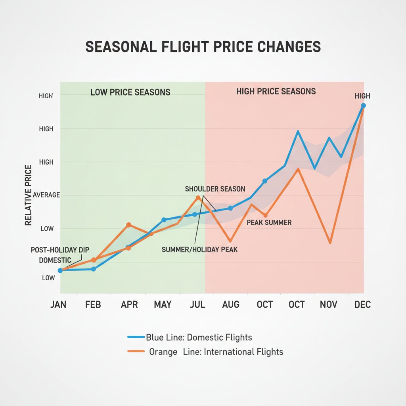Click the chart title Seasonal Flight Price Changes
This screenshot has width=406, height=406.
203,46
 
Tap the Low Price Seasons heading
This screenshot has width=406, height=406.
130,92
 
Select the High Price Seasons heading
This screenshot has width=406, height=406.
276,92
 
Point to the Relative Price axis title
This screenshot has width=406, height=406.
28,195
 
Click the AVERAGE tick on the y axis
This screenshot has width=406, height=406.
47,195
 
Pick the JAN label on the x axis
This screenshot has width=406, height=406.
59,304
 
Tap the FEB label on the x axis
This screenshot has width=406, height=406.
93,304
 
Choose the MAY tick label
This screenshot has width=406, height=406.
163,304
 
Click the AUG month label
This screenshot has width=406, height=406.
231,304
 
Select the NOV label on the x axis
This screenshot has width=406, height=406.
328,304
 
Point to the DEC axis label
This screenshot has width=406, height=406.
362,304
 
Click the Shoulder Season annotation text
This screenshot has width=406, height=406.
215,189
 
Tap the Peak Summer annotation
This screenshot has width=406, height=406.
269,222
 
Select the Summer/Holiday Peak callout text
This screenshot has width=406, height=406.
199,249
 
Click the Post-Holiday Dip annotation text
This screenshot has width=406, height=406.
60,250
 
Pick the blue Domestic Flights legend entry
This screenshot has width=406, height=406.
190,337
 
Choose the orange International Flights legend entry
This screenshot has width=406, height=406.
205,352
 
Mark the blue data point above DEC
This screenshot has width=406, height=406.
363,105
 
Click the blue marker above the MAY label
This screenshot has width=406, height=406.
163,220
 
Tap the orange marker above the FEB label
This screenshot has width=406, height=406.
94,260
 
